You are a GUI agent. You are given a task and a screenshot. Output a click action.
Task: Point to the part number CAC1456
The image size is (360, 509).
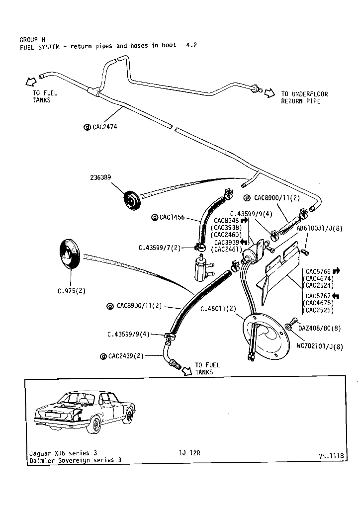pyautogui.click(x=172, y=217)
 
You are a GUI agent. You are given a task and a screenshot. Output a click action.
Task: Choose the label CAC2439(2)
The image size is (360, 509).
pyautogui.click(x=126, y=356)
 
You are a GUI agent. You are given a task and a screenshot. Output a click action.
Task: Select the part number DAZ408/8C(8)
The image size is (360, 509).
pyautogui.click(x=320, y=328)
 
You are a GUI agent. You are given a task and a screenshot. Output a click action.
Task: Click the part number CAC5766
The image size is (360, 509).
pyautogui.click(x=318, y=271)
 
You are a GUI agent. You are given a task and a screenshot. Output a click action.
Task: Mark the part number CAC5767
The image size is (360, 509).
pyautogui.click(x=318, y=296)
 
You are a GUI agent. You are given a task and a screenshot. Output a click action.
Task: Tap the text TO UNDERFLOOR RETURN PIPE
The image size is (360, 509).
pyautogui.click(x=304, y=97)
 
